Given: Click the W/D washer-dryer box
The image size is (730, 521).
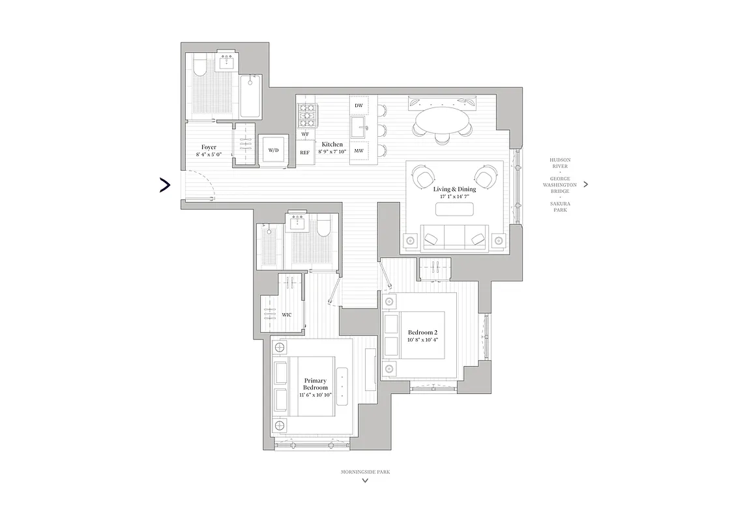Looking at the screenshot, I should (x=273, y=150).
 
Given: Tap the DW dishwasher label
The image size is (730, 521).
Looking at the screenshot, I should (x=358, y=106).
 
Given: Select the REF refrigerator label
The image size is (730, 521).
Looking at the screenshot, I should (x=304, y=152).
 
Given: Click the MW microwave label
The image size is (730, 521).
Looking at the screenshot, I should (x=358, y=151).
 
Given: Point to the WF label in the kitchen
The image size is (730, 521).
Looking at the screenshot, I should (x=304, y=134).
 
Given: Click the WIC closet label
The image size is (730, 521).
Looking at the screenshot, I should (x=287, y=315).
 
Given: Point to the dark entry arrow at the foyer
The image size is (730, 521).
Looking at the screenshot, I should (x=165, y=186).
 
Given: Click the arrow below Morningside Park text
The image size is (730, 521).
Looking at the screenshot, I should (x=365, y=481).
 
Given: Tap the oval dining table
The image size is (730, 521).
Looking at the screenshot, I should (x=441, y=120).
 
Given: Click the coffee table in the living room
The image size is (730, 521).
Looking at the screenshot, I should (x=454, y=209).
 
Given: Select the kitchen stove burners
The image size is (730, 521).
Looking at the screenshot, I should (x=306, y=114).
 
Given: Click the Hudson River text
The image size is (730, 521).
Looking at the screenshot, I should (x=559, y=162).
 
